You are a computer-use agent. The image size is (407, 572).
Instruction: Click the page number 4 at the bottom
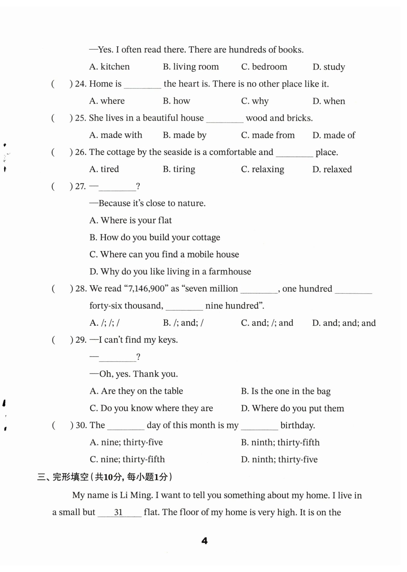click(204, 541)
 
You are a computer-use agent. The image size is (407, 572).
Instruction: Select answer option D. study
click(329, 67)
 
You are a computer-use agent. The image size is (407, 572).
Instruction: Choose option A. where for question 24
click(107, 101)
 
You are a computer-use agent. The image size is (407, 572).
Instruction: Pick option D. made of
click(334, 135)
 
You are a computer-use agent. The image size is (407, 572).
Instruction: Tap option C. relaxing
click(262, 169)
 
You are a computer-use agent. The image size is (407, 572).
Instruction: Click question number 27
click(80, 186)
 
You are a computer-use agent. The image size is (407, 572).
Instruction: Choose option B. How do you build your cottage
click(155, 237)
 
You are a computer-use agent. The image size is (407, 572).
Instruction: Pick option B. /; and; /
click(183, 323)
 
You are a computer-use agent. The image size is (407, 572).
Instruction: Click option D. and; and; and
click(344, 323)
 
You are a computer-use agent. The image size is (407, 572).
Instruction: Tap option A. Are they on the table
click(136, 391)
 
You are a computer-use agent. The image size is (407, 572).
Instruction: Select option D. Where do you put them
click(292, 408)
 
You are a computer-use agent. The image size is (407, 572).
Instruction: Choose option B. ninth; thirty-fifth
click(280, 442)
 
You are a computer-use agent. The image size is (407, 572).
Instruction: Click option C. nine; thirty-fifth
click(127, 459)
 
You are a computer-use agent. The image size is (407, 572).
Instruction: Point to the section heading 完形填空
click(71, 477)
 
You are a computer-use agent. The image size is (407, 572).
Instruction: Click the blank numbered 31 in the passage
click(119, 512)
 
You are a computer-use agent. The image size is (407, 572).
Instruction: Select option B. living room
click(191, 67)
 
